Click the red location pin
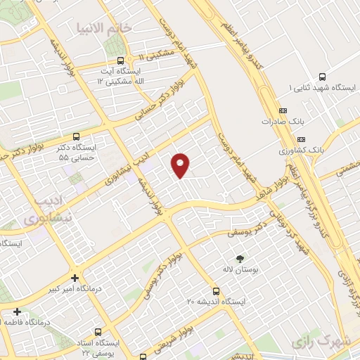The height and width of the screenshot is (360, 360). point(181,165)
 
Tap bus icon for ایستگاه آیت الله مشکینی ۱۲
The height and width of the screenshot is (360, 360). point(121,60)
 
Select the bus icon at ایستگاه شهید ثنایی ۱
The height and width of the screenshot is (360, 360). point(322,77)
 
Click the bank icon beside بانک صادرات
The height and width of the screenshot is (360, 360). point(283,110)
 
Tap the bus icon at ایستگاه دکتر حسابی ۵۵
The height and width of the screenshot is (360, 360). point(76,136)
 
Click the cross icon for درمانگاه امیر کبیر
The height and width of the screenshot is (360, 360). point(75,277)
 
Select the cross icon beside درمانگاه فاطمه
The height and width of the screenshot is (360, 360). point(17,311)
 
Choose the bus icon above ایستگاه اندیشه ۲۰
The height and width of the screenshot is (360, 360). point(215,290)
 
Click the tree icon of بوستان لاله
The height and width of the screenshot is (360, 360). point(240,259)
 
